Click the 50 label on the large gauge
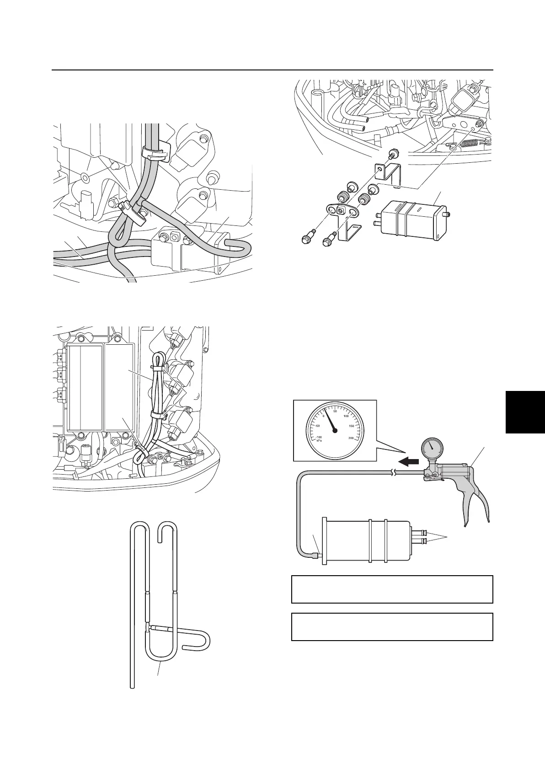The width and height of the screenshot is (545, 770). pos(335,412)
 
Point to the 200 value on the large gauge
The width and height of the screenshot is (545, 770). pos(351,438)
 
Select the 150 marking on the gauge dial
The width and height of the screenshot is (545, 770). pos(351,426)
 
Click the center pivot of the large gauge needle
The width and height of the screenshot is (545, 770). pos(335,430)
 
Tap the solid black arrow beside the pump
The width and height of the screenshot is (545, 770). pos(408,462)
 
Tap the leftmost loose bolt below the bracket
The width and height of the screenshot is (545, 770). pos(305,238)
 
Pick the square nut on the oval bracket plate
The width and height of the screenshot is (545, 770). pos(340,210)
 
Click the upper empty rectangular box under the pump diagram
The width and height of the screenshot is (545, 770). pos(392,589)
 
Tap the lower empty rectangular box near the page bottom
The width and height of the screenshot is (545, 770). pos(392,627)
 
